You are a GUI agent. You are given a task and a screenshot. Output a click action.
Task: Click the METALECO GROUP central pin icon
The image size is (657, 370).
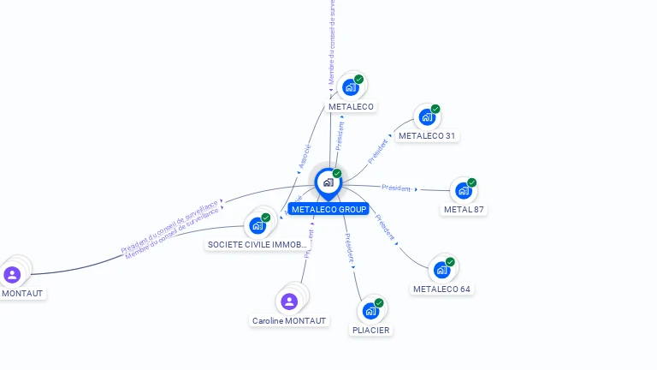pyautogui.click(x=328, y=182)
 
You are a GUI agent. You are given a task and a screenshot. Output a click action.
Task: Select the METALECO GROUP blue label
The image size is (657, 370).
pyautogui.click(x=328, y=209)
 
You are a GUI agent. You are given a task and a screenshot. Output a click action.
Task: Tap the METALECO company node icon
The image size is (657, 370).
pyautogui.click(x=350, y=87)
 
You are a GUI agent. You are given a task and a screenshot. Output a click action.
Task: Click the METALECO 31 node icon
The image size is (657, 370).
pyautogui.click(x=426, y=116)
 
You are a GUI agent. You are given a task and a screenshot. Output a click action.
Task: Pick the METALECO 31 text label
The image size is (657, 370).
pyautogui.click(x=428, y=135)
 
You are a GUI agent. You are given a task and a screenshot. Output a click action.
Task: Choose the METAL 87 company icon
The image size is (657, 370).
pyautogui.click(x=463, y=190)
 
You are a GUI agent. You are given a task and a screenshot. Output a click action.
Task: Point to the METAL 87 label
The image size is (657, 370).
pyautogui.click(x=464, y=209)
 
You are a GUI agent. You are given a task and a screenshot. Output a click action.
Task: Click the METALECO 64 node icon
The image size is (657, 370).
pyautogui.click(x=441, y=270)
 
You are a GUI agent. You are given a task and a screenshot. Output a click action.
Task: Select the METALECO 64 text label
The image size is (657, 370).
pyautogui.click(x=441, y=289)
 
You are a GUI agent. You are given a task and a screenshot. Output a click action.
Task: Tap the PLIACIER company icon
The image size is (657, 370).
pyautogui.click(x=370, y=310)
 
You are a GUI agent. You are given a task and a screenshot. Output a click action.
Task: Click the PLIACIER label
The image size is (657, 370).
pyautogui.click(x=370, y=330)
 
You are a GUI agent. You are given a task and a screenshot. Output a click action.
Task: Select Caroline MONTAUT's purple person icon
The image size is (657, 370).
pyautogui.click(x=289, y=301)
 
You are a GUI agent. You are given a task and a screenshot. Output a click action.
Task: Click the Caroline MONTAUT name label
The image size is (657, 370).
pyautogui.click(x=289, y=320)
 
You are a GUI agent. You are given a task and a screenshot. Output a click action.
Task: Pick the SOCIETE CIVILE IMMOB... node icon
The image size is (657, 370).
pyautogui.click(x=257, y=225)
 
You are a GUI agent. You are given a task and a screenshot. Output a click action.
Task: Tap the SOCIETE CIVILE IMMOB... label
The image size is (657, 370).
pyautogui.click(x=257, y=244)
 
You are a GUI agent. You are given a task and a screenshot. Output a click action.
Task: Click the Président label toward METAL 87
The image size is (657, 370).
pyautogui.click(x=397, y=188)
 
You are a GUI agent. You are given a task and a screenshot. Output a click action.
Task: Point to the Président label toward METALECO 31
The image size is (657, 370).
pyautogui.click(x=377, y=151)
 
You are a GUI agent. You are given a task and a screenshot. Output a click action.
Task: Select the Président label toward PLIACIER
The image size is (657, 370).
pyautogui.click(x=349, y=247)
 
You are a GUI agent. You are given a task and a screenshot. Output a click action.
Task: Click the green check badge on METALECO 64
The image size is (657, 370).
pyautogui.click(x=450, y=262)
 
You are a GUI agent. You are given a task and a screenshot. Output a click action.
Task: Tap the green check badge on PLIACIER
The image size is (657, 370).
pyautogui.click(x=379, y=302)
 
